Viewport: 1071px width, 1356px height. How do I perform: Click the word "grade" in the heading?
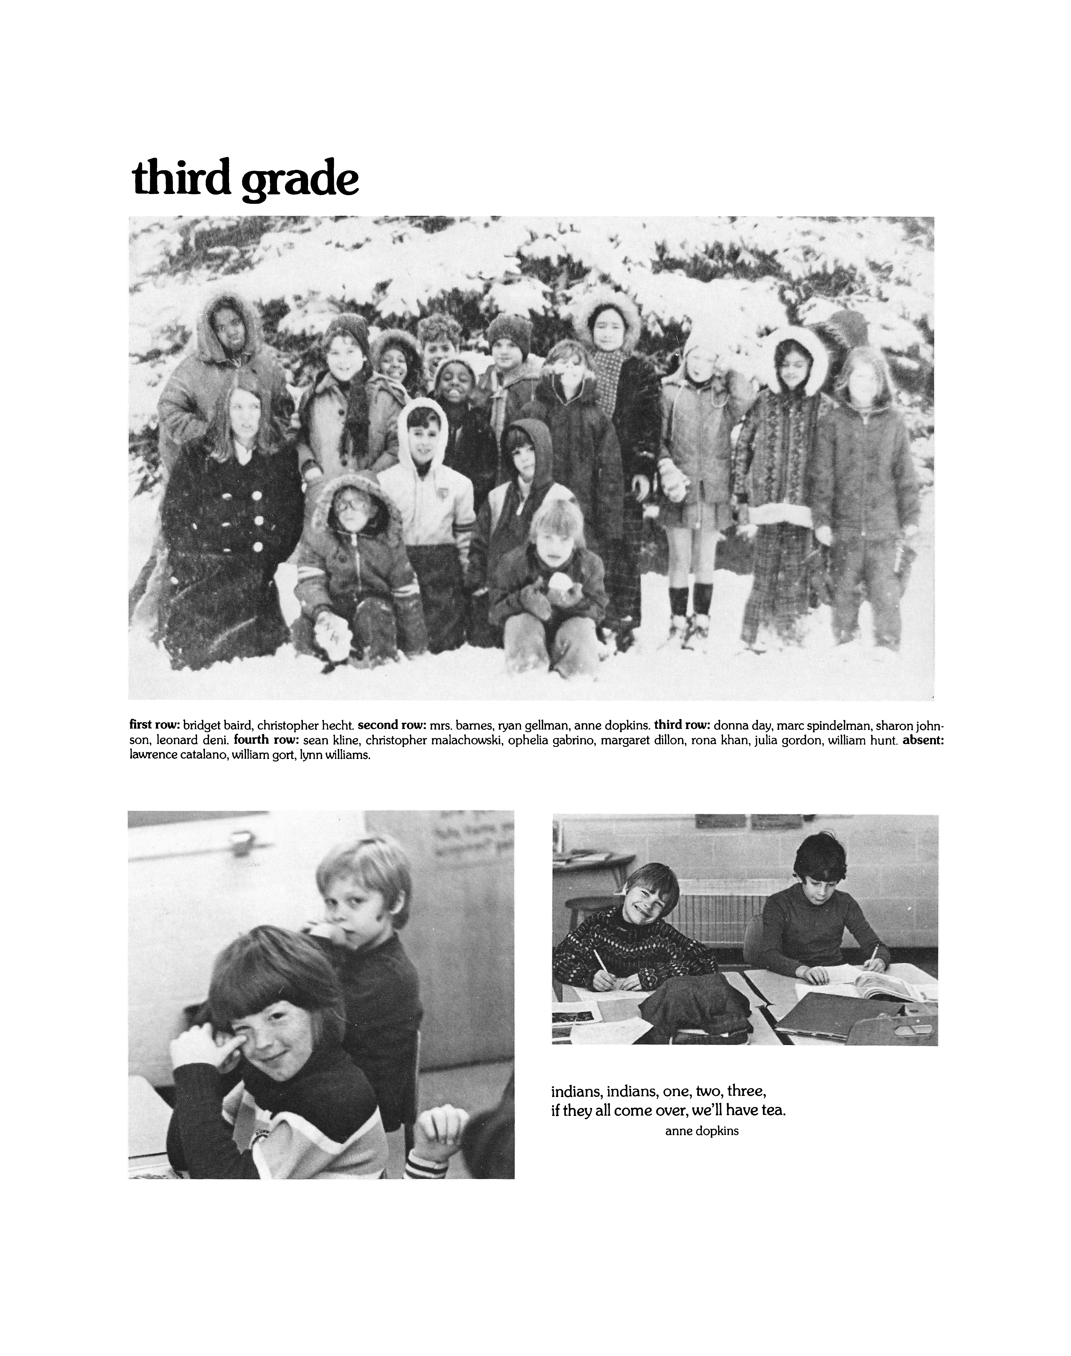coord(300,182)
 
